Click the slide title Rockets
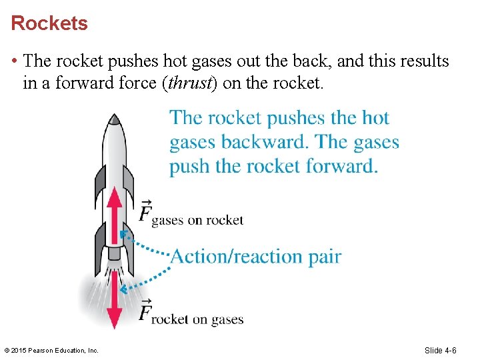(49, 23)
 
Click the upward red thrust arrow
(115, 213)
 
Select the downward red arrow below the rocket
(115, 300)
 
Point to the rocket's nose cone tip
(115, 117)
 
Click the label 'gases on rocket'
(197, 220)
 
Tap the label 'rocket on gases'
(197, 319)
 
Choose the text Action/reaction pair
(256, 256)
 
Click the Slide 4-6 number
(441, 351)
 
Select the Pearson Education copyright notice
(51, 351)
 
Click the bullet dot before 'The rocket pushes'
(15, 62)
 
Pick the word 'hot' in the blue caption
(375, 118)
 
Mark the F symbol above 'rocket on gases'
(145, 311)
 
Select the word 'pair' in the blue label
(325, 256)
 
